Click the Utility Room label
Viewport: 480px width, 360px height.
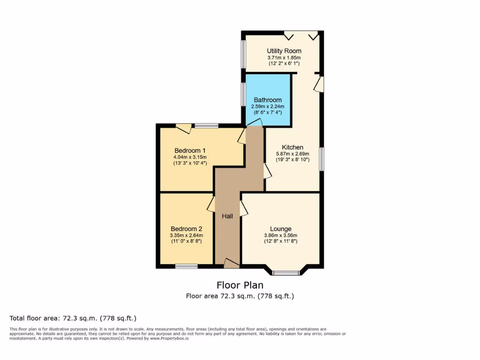coord(284,51)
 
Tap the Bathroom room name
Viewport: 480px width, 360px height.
coord(268,100)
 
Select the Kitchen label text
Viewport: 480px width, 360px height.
coord(292,147)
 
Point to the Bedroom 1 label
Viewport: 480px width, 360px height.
coord(190,150)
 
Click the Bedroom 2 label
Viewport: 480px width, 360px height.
coord(187,229)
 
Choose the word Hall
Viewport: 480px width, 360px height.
coord(227,216)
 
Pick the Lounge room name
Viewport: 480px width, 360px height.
coord(280,229)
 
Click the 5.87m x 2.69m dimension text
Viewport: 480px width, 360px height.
coord(292,153)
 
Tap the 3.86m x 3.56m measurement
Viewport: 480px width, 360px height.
coord(280,235)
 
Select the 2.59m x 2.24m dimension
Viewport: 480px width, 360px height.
coord(268,106)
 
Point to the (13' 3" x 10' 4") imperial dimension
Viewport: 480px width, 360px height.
coord(190,163)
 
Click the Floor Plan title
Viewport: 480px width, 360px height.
coord(240,285)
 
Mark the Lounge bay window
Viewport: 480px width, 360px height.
coord(286,272)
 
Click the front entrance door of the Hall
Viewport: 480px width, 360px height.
coord(231,263)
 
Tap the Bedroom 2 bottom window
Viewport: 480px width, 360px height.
coord(186,266)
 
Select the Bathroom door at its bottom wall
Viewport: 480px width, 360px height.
coord(255,123)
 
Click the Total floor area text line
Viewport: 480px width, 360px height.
coord(73,318)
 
